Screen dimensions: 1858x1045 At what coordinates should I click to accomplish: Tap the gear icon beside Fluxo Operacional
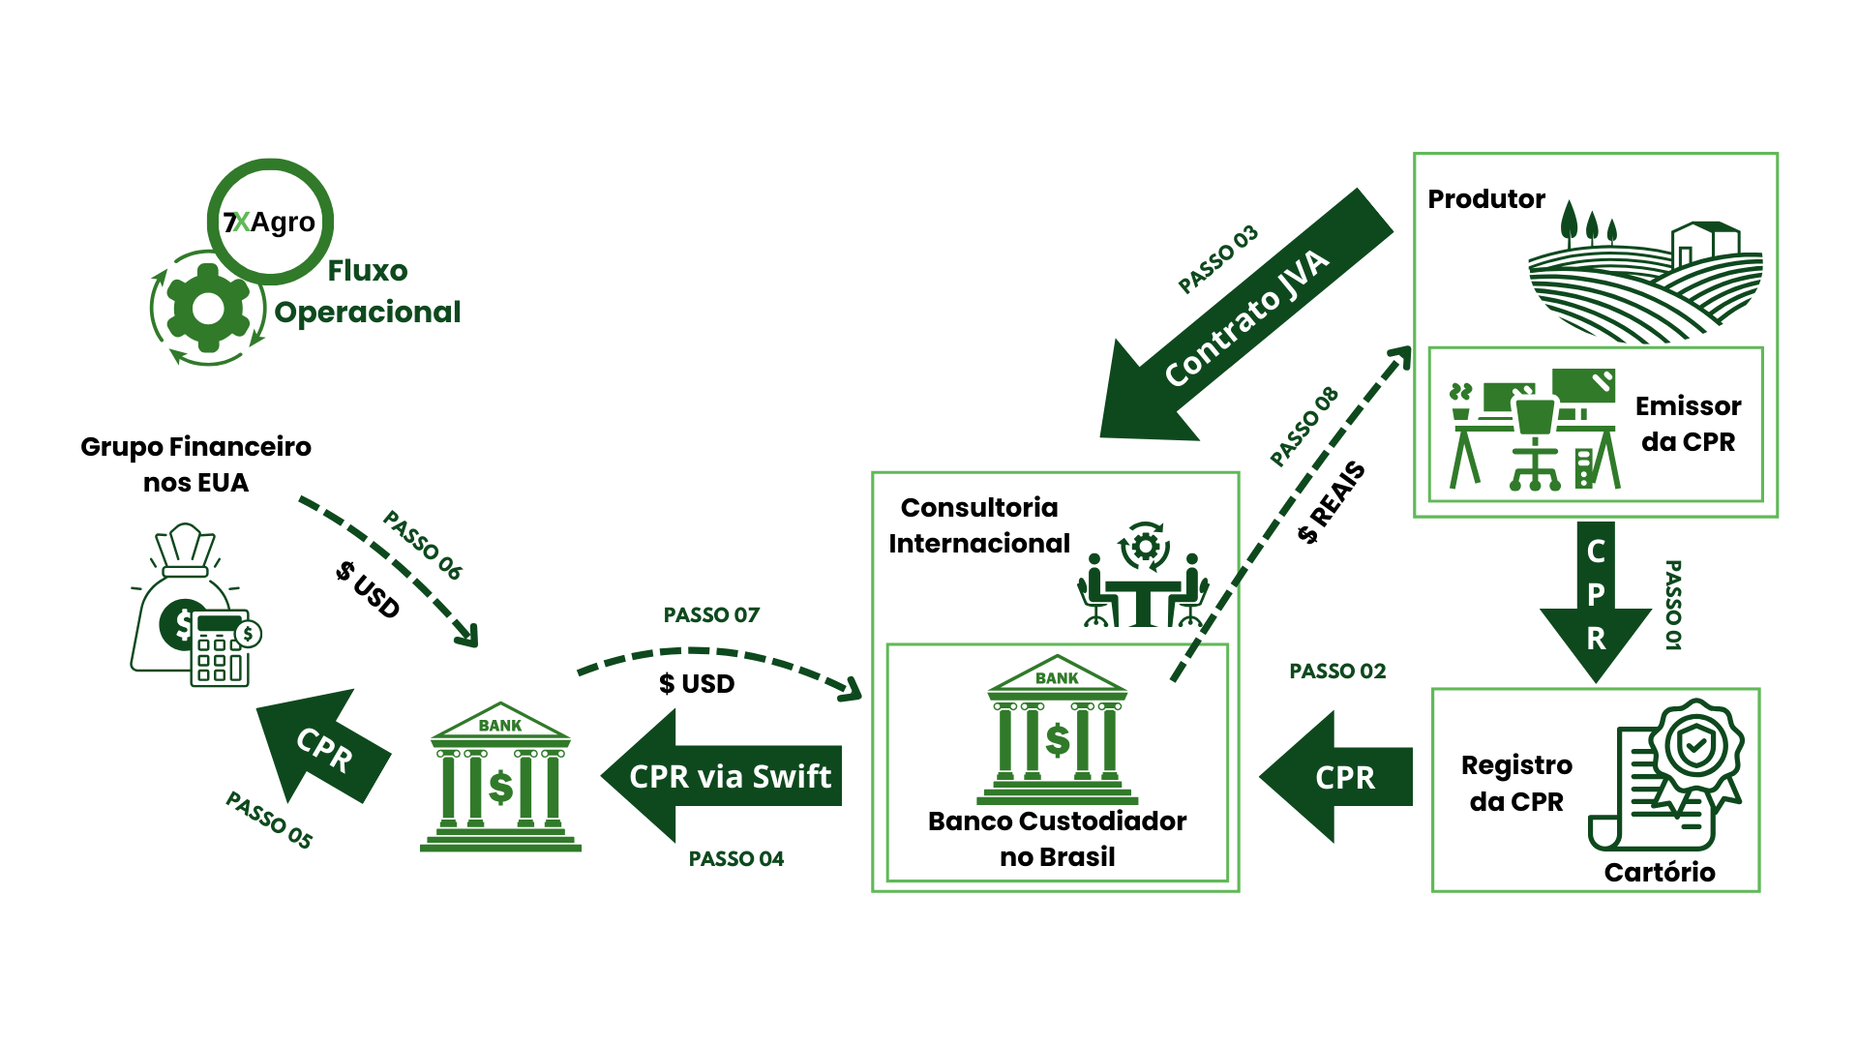[208, 308]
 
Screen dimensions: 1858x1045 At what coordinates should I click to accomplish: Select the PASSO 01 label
[1673, 605]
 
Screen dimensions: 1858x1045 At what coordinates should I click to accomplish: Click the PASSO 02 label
[1337, 672]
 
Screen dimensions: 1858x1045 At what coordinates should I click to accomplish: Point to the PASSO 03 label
[1218, 259]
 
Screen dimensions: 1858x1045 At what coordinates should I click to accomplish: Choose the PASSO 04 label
[736, 859]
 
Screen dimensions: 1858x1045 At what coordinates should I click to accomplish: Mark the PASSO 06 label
[423, 545]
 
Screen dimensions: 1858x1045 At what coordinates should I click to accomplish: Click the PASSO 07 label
[711, 615]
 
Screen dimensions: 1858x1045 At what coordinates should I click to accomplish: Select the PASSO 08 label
[1304, 427]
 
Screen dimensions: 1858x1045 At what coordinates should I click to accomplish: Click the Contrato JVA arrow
[1246, 315]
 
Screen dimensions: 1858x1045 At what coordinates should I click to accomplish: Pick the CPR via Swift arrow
[721, 776]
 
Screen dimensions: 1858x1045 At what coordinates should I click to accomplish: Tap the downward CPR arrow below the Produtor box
[1596, 602]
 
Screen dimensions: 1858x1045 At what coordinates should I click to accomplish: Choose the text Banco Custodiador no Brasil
[1057, 839]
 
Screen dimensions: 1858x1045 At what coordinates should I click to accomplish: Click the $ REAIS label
[1332, 503]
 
